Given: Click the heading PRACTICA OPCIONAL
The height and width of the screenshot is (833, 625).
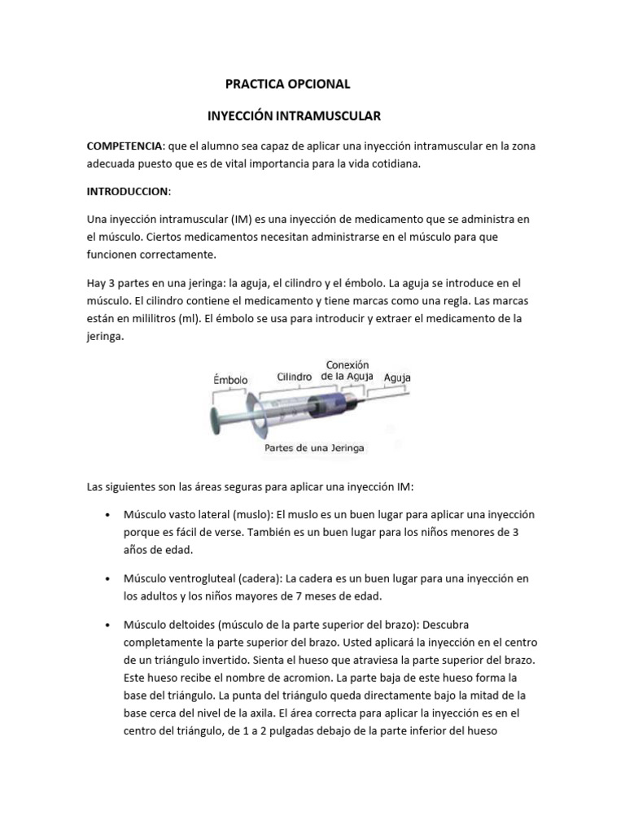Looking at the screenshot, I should click(x=286, y=84).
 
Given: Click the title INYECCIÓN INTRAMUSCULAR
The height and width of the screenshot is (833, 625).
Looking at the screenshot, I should click(x=294, y=117).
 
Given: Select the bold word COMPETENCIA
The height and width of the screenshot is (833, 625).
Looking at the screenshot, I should click(x=125, y=146).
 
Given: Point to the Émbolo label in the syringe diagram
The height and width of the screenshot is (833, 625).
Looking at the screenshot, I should click(x=230, y=379).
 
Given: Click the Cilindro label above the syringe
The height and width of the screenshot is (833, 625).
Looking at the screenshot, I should click(x=295, y=377).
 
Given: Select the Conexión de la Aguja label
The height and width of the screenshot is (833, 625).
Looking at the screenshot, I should click(x=347, y=370).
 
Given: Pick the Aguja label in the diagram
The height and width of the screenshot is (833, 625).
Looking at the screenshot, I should click(x=397, y=377).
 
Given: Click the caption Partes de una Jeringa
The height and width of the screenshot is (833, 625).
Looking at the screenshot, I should click(x=315, y=447).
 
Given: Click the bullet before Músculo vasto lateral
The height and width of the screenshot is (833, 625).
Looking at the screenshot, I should click(x=108, y=516).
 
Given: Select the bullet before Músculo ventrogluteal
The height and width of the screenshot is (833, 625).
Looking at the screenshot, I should click(x=108, y=578).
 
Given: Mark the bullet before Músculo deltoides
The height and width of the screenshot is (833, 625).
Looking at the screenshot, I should click(x=108, y=624).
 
